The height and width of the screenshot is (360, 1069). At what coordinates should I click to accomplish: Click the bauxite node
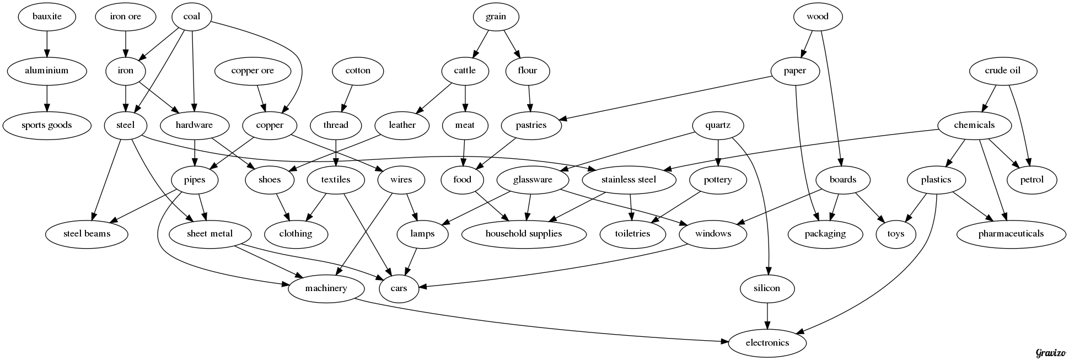pyautogui.click(x=47, y=17)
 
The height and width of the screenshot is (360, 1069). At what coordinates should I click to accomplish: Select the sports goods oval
pyautogui.click(x=47, y=125)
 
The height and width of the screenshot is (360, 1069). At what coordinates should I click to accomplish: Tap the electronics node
pyautogui.click(x=767, y=343)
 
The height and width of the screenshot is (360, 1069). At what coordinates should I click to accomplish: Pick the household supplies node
pyautogui.click(x=523, y=234)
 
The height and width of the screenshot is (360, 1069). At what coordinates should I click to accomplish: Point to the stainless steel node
pyautogui.click(x=628, y=180)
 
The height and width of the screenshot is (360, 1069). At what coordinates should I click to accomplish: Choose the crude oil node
pyautogui.click(x=1002, y=71)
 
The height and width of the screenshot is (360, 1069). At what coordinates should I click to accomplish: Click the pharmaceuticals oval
pyautogui.click(x=1011, y=234)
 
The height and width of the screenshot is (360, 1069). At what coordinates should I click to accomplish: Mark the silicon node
pyautogui.click(x=767, y=288)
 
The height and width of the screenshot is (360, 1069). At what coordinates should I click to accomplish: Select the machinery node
pyautogui.click(x=326, y=288)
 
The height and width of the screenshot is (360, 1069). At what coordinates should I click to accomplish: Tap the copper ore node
pyautogui.click(x=253, y=71)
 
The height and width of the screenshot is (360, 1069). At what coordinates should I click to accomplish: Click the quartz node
pyautogui.click(x=717, y=125)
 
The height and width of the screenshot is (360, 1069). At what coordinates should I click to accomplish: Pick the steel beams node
pyautogui.click(x=87, y=234)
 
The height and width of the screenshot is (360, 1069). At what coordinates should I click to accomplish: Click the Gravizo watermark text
pyautogui.click(x=1050, y=353)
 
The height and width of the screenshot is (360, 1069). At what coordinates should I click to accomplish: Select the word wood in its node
pyautogui.click(x=818, y=17)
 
